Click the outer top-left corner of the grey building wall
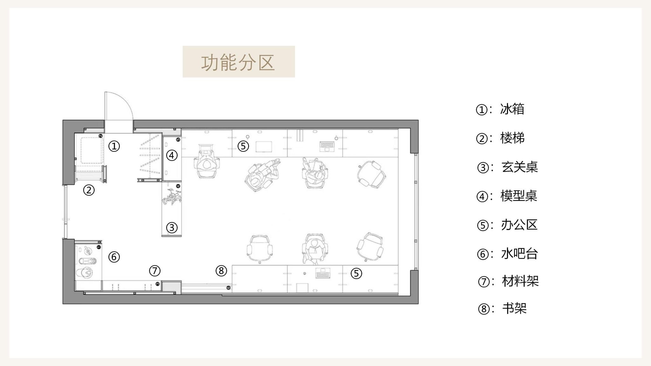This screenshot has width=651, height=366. click(x=63, y=120)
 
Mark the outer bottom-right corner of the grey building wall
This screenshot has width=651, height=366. click(x=418, y=304)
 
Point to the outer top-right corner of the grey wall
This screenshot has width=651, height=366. click(x=418, y=120)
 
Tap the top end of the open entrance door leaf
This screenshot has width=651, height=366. click(x=106, y=92)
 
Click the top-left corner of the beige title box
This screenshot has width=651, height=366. click(x=183, y=46)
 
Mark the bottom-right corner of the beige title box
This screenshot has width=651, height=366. click(x=295, y=77)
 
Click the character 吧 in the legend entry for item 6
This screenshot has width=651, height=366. click(x=519, y=254)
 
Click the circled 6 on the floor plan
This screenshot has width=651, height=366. click(x=114, y=257)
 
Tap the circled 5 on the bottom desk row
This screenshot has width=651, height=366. click(x=356, y=273)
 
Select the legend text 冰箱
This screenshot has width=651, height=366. click(x=512, y=109)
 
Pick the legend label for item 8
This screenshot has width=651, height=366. click(x=514, y=308)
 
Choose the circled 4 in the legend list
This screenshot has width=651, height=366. click(x=482, y=197)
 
